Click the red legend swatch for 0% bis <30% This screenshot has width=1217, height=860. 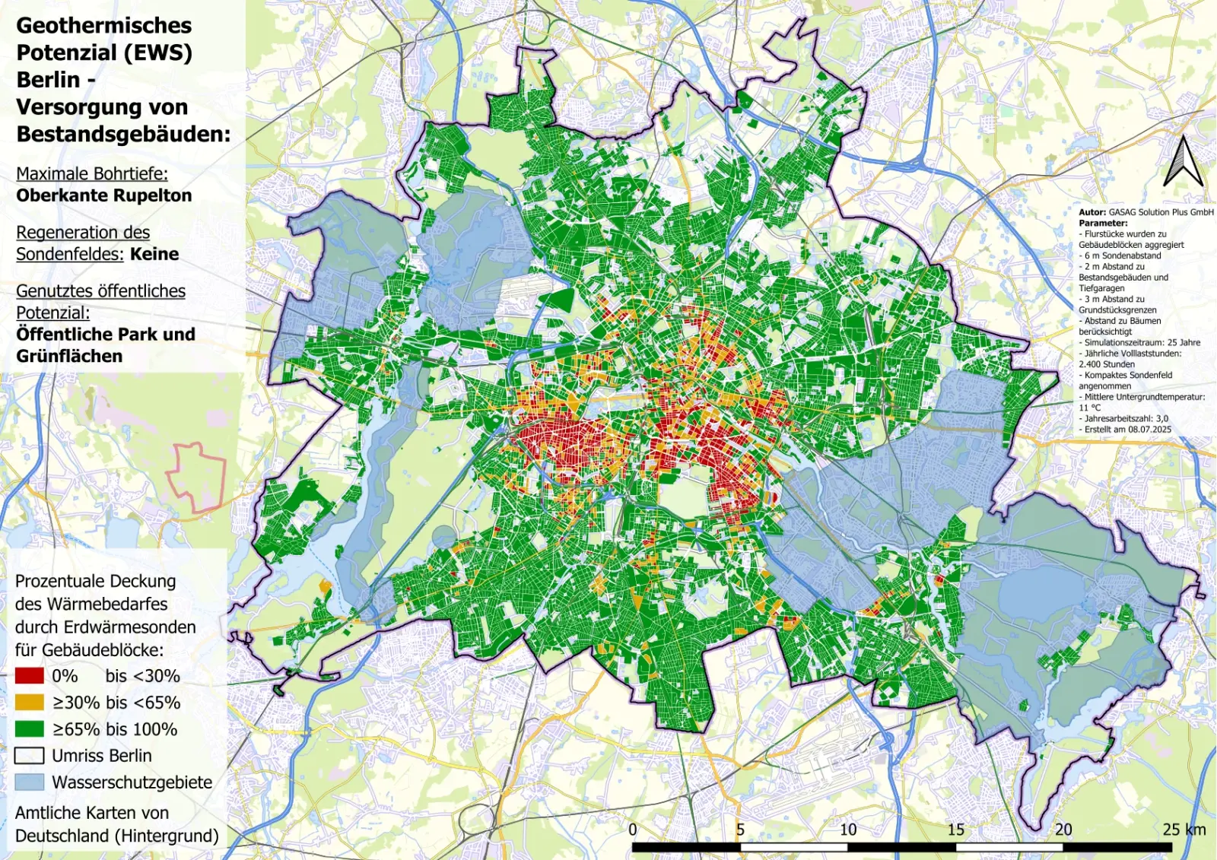(x=29, y=676)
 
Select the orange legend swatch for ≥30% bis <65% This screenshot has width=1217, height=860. (x=29, y=703)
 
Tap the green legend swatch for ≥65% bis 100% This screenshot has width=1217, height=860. (x=29, y=729)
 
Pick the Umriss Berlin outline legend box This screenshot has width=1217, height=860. (x=29, y=756)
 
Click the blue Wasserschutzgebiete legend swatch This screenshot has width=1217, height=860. (x=29, y=782)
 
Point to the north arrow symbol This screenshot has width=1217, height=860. (x=1183, y=161)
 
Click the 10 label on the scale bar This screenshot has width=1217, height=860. (x=847, y=830)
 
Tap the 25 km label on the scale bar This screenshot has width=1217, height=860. (x=1184, y=830)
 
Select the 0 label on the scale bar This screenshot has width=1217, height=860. (x=633, y=830)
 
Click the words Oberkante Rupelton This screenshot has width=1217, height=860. (x=104, y=195)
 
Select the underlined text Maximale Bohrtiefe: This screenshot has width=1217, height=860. (x=92, y=173)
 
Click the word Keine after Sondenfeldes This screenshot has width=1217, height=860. (x=154, y=254)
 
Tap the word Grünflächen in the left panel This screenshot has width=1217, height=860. (x=69, y=356)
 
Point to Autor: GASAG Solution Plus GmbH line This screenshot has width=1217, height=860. (x=1146, y=212)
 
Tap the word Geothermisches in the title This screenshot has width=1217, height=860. (x=104, y=26)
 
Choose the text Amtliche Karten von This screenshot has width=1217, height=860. (x=92, y=813)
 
